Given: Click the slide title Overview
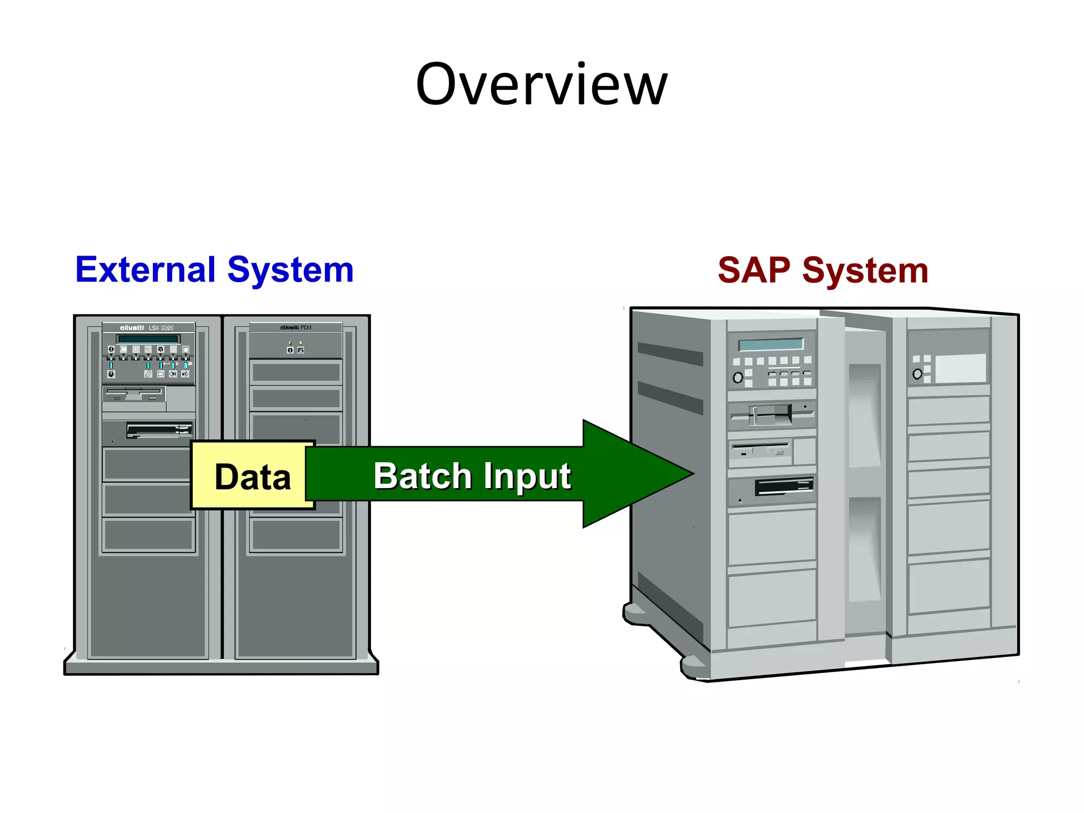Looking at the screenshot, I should [541, 85].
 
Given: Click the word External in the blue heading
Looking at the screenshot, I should [144, 270].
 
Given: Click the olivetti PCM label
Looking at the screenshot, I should [295, 328].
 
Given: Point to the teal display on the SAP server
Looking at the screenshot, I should [771, 344].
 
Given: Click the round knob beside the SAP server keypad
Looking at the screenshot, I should [738, 377].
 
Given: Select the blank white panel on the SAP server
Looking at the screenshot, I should [960, 368].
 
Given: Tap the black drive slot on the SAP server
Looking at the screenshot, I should [783, 486].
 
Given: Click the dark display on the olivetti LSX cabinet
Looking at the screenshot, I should [148, 339].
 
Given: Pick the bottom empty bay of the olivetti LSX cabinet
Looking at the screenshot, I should [148, 535].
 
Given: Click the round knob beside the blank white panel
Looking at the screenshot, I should [917, 374].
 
